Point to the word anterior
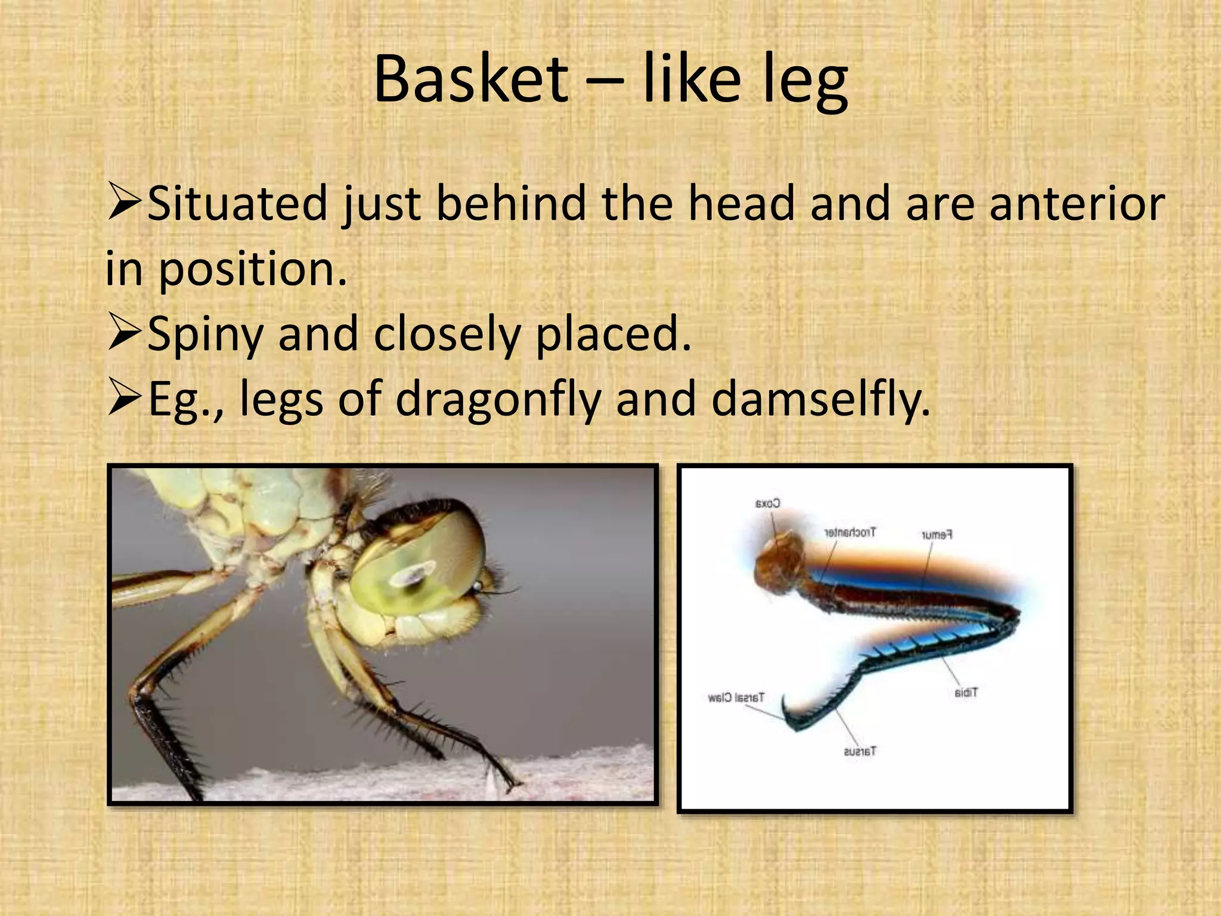coord(1077,203)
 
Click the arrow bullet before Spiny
coord(125,334)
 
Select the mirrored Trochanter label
coord(850,532)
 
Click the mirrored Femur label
coord(937,534)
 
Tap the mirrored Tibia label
coord(966,692)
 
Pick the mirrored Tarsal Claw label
coord(736,697)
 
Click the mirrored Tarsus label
coord(860,751)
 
